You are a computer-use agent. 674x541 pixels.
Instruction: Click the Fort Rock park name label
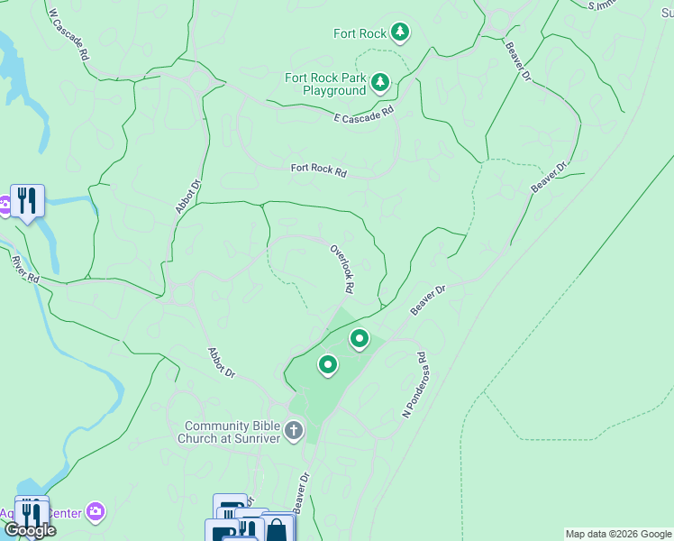click(360, 34)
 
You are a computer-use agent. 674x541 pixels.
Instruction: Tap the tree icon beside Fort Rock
click(400, 34)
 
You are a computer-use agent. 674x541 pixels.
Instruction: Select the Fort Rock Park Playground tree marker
click(380, 84)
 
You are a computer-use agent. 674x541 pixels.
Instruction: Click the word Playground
click(334, 91)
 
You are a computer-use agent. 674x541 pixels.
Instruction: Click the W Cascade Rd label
click(68, 35)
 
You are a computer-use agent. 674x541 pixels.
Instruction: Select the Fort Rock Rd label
click(318, 169)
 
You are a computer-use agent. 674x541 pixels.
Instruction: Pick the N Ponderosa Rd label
click(414, 385)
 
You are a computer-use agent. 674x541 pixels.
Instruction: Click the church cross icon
click(294, 432)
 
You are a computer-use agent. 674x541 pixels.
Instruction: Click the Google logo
click(30, 530)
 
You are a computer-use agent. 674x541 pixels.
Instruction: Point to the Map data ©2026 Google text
click(618, 534)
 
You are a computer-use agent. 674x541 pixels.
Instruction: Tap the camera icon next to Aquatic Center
click(96, 513)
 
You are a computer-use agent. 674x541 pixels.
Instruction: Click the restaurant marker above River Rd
click(27, 200)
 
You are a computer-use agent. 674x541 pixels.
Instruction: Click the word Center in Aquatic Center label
click(65, 514)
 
